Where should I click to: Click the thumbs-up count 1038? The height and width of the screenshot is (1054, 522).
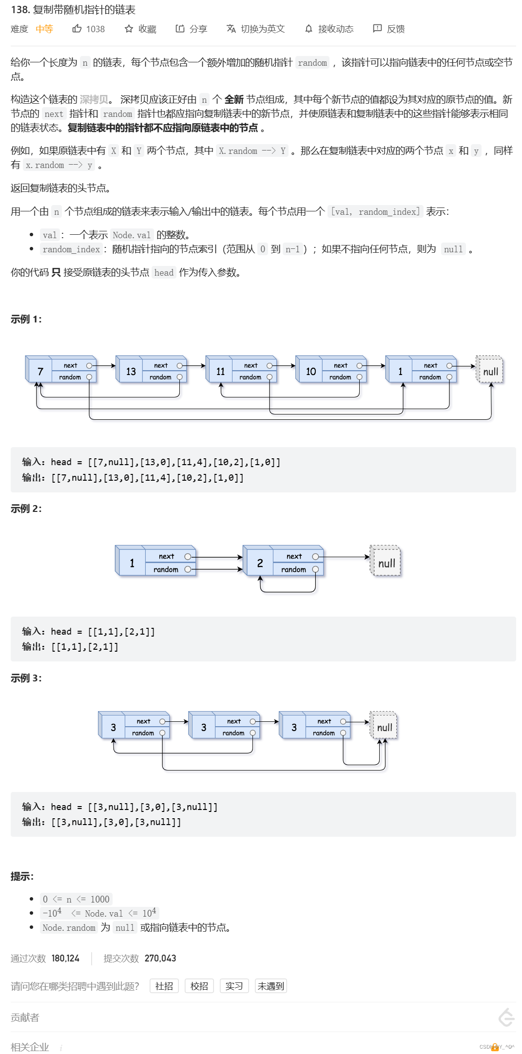[95, 29]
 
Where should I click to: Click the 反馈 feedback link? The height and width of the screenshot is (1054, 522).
[389, 29]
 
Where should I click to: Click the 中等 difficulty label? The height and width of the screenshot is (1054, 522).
[44, 29]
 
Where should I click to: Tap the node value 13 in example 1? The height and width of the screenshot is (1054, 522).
[131, 372]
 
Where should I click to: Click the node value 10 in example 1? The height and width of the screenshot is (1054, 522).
[311, 372]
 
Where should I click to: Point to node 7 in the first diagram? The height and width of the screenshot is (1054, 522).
[40, 372]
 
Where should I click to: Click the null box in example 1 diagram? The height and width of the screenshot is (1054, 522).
[490, 372]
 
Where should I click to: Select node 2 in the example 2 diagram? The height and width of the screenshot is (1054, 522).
[260, 563]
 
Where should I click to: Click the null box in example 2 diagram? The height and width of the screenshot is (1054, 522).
[386, 563]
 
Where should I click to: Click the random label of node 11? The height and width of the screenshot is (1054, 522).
[250, 377]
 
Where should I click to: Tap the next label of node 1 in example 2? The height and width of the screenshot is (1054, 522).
[166, 556]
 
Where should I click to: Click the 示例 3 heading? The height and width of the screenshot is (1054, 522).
[26, 678]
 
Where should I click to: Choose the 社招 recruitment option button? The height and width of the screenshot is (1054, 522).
[164, 986]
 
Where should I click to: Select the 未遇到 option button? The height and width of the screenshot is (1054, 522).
[271, 986]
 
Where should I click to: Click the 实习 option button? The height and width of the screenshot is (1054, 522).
[234, 986]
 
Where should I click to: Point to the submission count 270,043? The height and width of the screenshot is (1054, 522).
[160, 959]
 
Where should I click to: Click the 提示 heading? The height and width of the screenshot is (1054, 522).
[22, 877]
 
